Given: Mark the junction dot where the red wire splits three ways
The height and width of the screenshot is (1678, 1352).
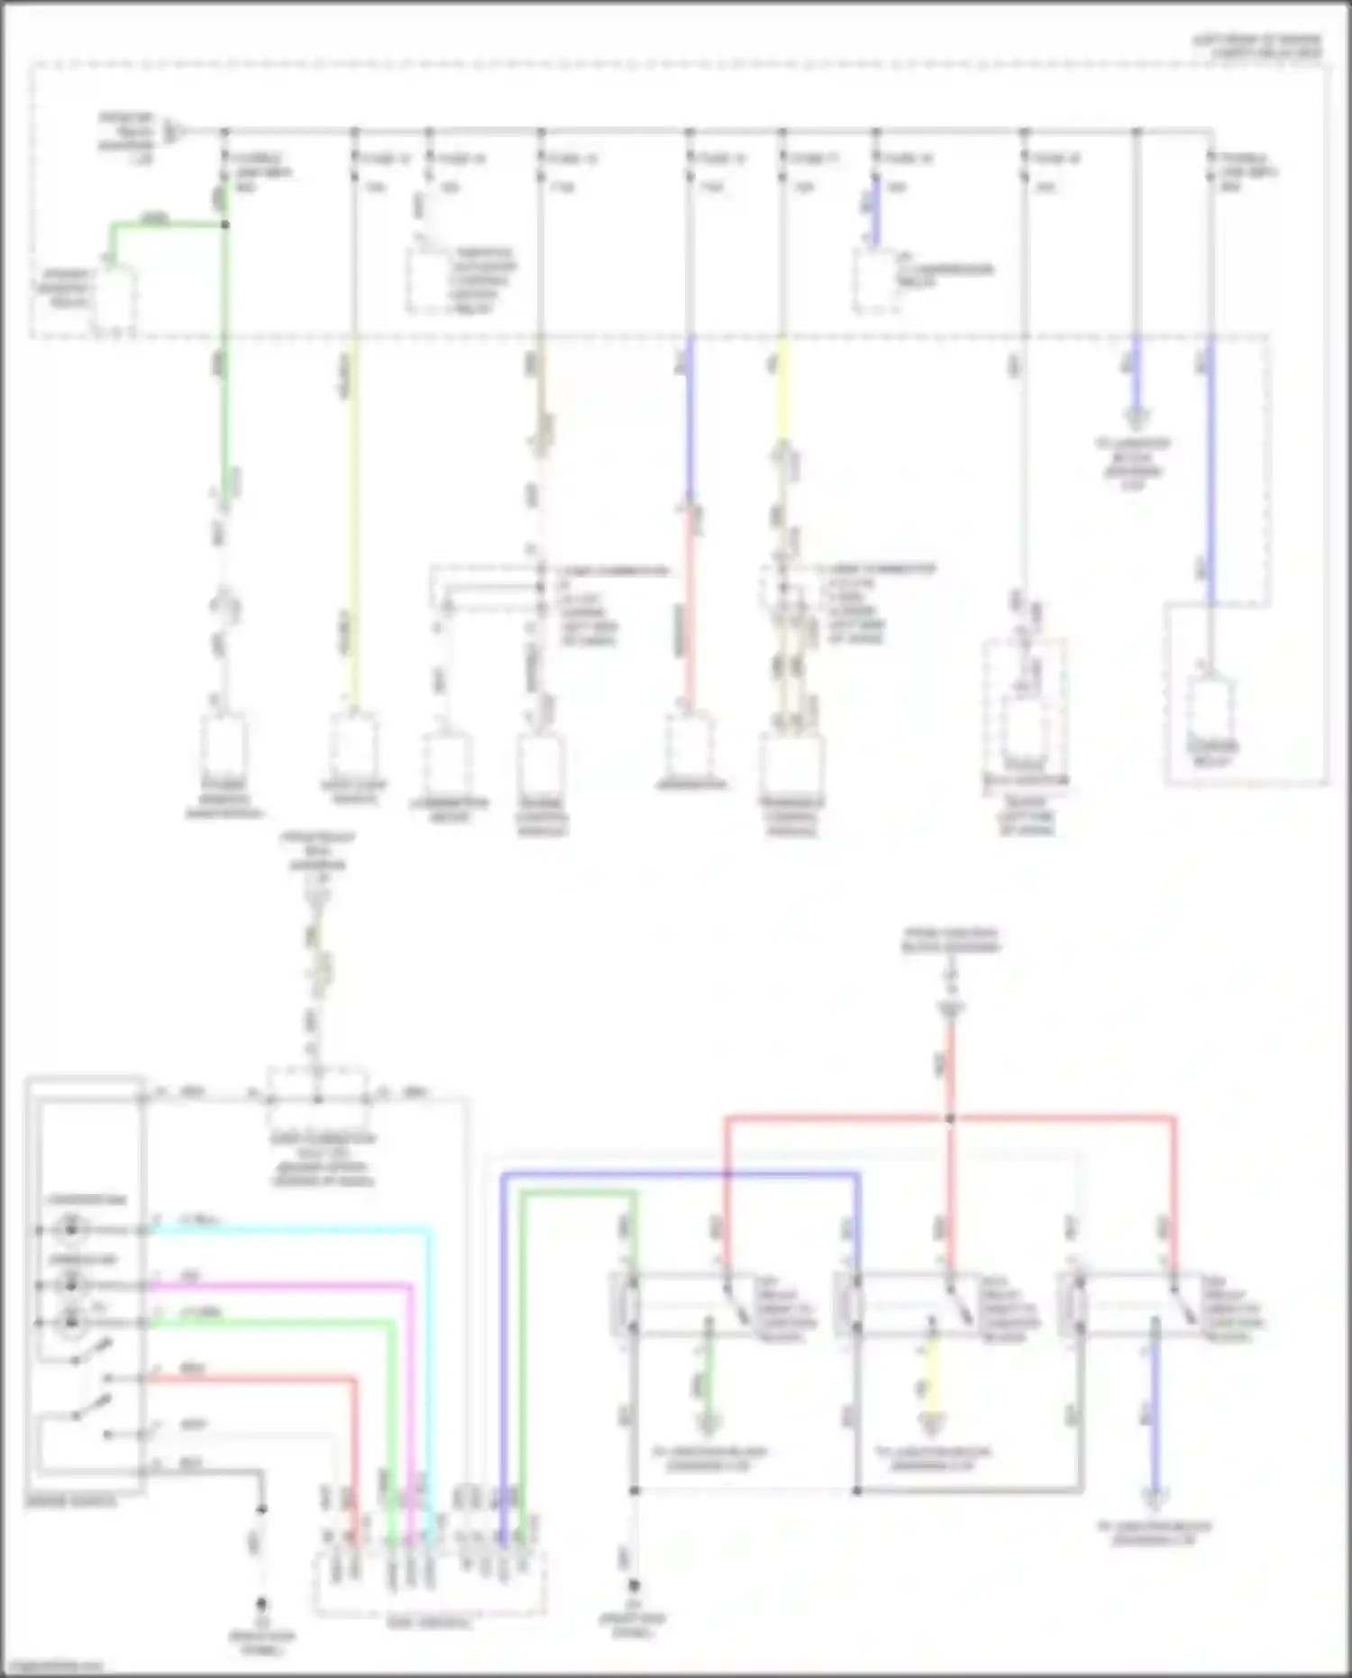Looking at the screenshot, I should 950,1119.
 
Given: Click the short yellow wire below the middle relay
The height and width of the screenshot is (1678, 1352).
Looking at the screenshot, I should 931,1384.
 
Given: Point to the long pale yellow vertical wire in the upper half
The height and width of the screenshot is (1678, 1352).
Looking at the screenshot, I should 353,523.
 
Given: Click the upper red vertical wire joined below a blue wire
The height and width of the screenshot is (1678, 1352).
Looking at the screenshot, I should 690,604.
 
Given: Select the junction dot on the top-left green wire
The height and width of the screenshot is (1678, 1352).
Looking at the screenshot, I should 225,225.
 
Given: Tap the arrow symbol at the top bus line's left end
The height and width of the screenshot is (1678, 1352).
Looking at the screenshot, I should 175,133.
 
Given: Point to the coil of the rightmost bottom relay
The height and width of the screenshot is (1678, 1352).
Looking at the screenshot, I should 1076,1304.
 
